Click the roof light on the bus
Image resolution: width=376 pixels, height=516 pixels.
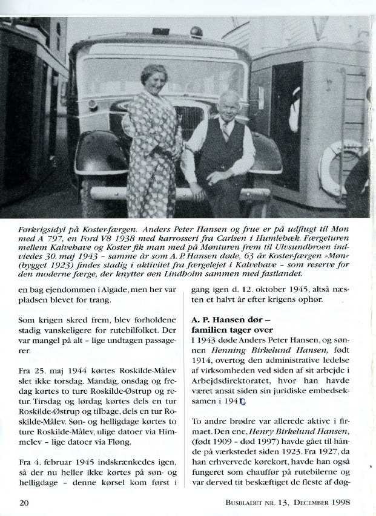click(x=196, y=31)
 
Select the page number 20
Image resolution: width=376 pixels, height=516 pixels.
click(x=24, y=501)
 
